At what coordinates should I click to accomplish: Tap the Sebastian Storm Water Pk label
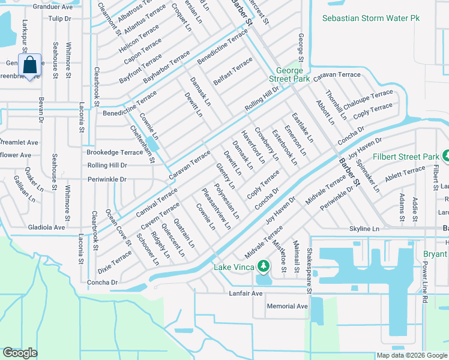371,19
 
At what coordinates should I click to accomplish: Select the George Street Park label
289,74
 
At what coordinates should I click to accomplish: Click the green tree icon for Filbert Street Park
445,156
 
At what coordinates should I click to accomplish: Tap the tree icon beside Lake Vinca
263,266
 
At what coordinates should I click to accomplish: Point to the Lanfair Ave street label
246,293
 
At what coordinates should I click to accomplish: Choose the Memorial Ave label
288,306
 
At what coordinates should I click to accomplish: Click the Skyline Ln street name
365,229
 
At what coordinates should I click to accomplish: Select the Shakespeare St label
310,272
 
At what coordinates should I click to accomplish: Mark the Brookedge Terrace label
115,153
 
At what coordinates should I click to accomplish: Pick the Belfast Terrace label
233,71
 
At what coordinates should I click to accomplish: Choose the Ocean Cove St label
118,227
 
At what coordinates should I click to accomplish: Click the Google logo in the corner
20,353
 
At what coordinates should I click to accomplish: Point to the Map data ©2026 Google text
411,355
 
